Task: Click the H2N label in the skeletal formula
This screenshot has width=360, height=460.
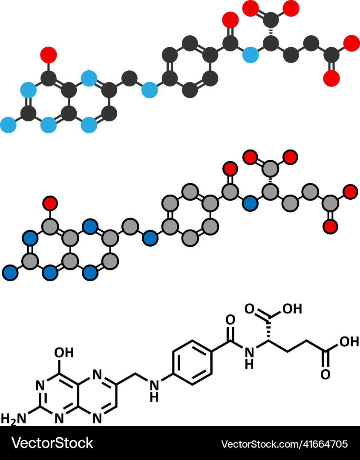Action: click(13, 419)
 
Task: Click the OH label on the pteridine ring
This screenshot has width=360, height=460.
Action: click(64, 353)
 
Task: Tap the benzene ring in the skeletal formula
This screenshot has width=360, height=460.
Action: click(192, 362)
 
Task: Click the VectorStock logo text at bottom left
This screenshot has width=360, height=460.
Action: click(52, 443)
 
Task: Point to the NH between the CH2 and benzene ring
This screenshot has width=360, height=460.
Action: click(154, 391)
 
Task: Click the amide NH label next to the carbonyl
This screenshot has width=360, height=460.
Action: click(251, 357)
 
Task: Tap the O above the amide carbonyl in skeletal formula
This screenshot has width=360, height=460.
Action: click(230, 319)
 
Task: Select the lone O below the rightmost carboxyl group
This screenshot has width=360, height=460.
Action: click(325, 374)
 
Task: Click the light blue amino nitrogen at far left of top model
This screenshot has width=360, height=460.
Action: click(9, 125)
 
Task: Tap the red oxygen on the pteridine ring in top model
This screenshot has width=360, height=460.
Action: click(49, 55)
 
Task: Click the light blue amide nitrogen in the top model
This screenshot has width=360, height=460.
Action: click(250, 55)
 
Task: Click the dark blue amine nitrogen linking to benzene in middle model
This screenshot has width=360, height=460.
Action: click(150, 238)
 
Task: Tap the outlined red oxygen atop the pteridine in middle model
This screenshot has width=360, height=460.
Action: click(50, 203)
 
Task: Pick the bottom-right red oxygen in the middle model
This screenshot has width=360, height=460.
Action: click(331, 226)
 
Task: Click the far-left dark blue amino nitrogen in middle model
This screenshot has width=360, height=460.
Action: click(10, 272)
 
